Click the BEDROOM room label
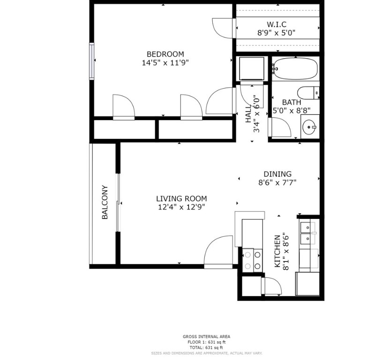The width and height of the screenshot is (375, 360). (x=165, y=54)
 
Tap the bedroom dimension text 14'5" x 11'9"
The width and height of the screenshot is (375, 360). (x=165, y=62)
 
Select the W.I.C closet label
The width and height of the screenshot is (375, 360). (x=276, y=24)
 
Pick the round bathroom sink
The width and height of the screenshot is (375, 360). (x=309, y=126)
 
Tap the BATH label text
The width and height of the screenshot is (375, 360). (x=291, y=103)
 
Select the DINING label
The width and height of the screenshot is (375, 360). (x=277, y=174)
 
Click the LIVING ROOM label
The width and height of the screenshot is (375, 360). (x=181, y=198)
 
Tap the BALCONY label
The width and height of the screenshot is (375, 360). (x=105, y=202)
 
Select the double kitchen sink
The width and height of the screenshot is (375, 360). (x=306, y=233)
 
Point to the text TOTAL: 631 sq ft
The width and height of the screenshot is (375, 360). (x=206, y=347)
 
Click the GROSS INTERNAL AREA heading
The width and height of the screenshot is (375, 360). (x=206, y=337)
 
